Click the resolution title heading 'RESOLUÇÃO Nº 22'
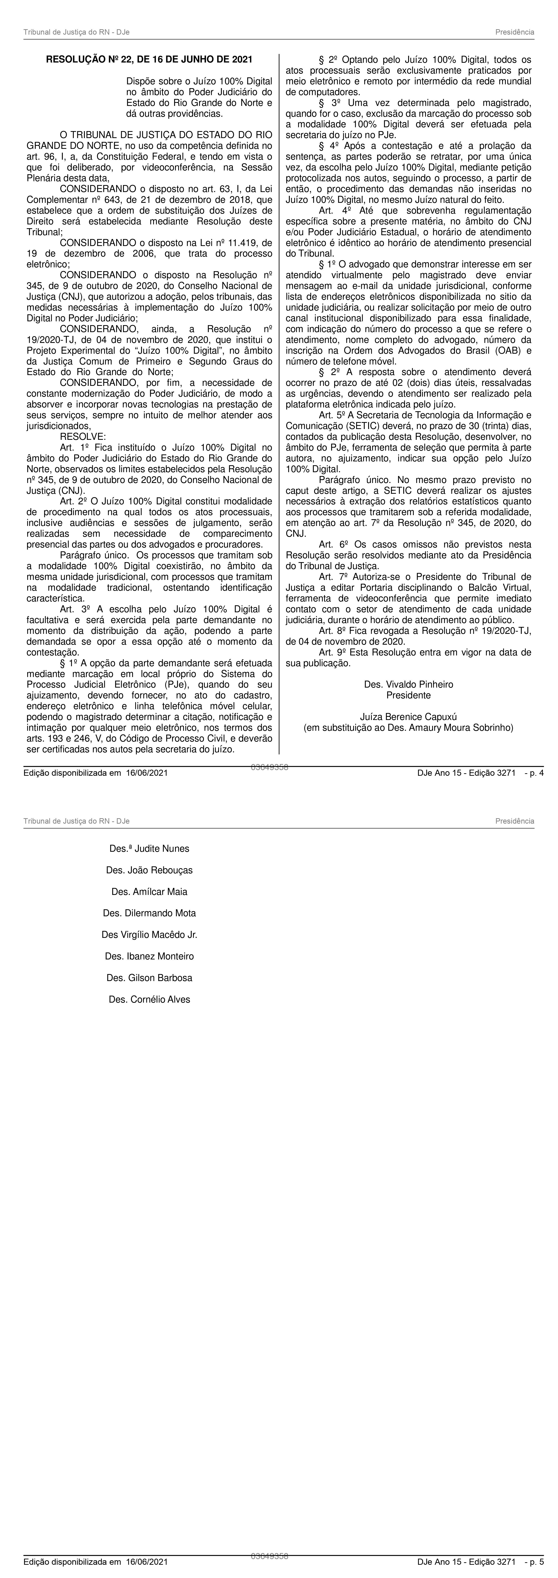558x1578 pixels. click(149, 59)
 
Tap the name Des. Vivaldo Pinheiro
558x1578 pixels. click(408, 684)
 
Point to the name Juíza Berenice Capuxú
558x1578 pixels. click(408, 717)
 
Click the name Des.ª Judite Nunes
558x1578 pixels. click(149, 848)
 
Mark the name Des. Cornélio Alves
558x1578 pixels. click(149, 999)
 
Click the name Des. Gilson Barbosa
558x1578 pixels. click(149, 978)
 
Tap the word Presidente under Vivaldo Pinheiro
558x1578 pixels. click(408, 695)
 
